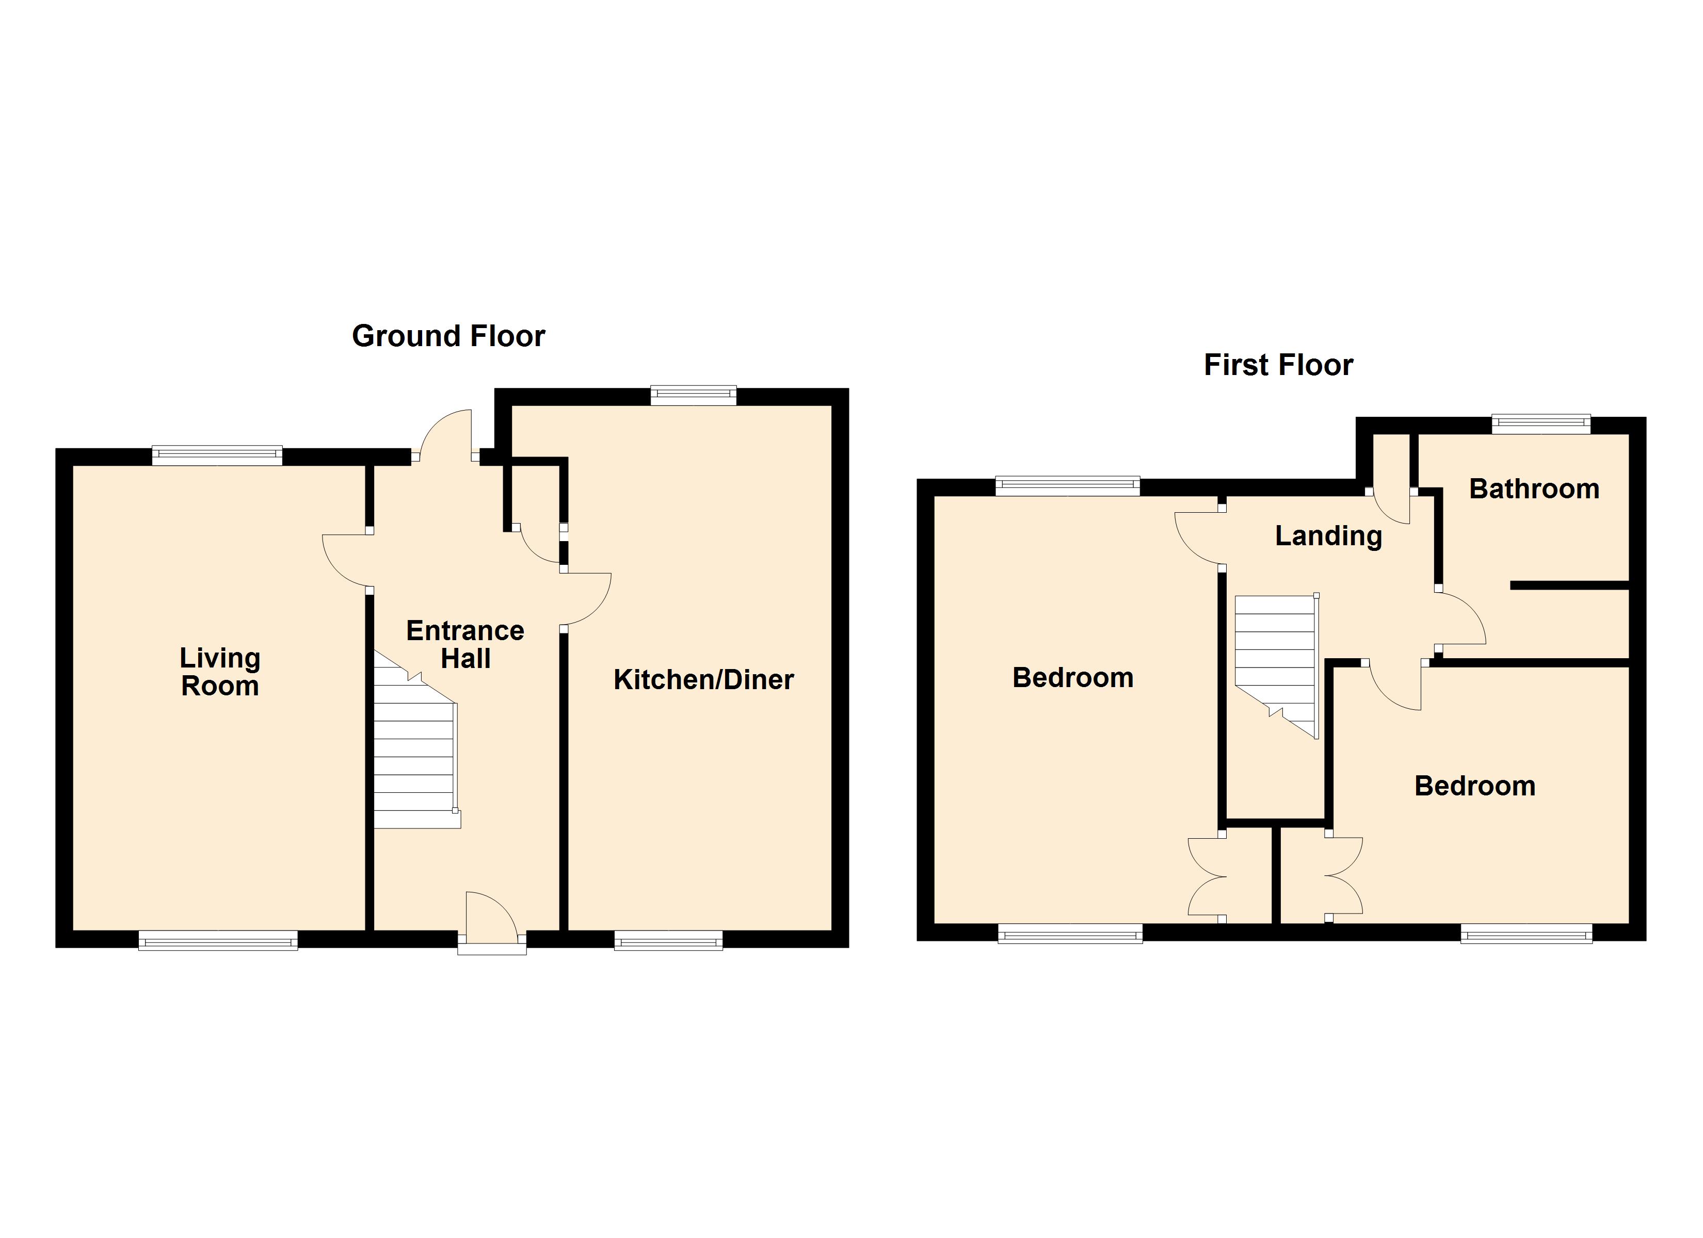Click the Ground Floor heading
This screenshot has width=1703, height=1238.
[x=448, y=336]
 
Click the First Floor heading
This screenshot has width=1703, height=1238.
[x=1278, y=366]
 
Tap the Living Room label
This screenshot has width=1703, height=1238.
[x=220, y=672]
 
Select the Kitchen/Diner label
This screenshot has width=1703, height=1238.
[x=703, y=680]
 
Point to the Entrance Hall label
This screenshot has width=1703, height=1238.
[x=465, y=645]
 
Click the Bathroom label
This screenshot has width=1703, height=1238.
[x=1534, y=490]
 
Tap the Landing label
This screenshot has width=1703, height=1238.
[x=1328, y=536]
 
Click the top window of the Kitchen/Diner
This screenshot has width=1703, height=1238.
[x=693, y=396]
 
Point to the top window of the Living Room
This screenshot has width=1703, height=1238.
[x=217, y=455]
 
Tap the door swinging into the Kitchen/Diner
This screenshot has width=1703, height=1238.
[x=587, y=599]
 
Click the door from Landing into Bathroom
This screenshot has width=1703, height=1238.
[x=1460, y=620]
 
